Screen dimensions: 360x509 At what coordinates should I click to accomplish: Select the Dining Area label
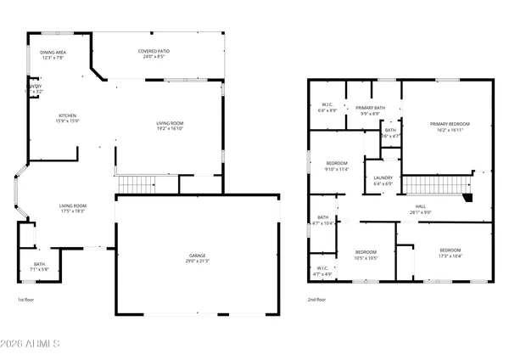pos(53,55)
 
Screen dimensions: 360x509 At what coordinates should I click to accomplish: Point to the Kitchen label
pos(68,118)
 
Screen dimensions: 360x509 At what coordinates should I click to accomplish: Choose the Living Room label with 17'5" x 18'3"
pos(73,208)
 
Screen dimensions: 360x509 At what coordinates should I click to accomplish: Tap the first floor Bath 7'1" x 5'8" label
pos(40,267)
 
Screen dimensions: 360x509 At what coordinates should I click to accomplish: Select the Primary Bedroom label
pos(449,127)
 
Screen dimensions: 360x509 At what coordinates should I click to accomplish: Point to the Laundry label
pos(383,180)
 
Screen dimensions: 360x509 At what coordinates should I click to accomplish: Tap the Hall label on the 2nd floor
pos(421,209)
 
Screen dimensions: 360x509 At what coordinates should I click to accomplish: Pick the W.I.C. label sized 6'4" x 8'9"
pos(327,108)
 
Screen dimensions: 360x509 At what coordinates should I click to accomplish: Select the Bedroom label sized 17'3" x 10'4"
pos(450,253)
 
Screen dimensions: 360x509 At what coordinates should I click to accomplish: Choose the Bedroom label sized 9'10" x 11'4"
pos(337,166)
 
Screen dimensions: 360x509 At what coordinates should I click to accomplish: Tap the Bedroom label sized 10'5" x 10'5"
pos(366,255)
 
